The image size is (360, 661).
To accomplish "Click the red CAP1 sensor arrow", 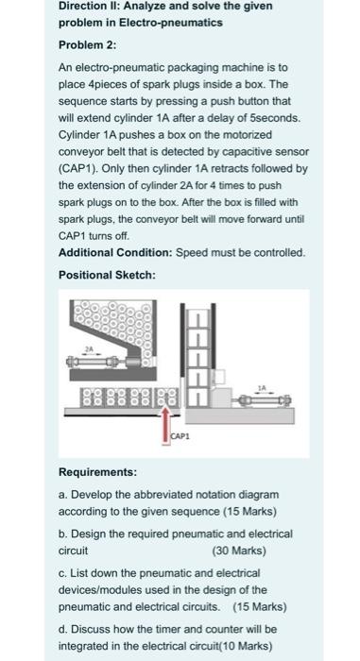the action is coord(166,424).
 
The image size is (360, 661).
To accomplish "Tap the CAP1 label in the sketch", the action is coord(180,436).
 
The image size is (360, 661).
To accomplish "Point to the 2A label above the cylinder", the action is coord(89,348).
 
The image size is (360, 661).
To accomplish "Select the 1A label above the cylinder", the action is coord(262,387).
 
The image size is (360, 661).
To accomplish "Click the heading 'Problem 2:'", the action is coord(87,45).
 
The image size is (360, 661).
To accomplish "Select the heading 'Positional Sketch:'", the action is coord(107,276).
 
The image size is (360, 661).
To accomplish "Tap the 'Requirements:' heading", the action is coord(97,472).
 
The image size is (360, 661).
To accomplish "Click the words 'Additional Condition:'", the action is coord(115,253).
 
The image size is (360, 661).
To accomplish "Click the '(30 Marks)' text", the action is coord(239,551).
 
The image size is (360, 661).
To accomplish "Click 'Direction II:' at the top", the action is coord(88,7).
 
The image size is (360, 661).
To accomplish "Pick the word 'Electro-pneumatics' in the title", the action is coord(171,23).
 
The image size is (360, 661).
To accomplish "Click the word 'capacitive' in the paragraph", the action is coord(261,152).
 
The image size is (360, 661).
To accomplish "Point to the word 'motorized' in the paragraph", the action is coord(249,135).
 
